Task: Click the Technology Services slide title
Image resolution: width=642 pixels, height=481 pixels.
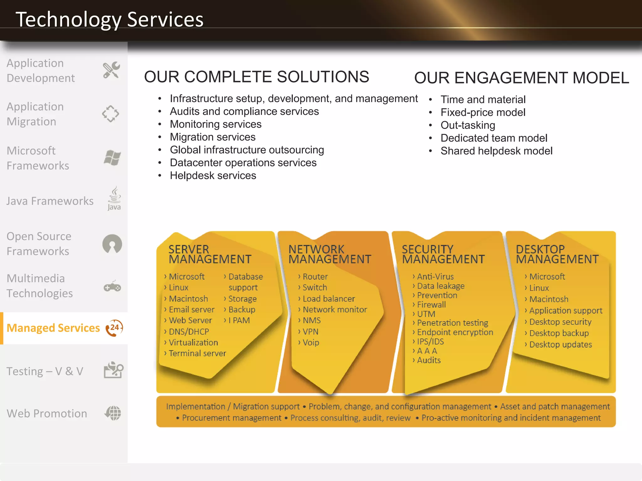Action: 109,19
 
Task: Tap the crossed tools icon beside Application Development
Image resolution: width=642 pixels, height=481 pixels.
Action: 111,70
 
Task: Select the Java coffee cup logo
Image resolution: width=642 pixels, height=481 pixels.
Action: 114,199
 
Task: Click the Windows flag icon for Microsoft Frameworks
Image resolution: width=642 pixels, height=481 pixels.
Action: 112,158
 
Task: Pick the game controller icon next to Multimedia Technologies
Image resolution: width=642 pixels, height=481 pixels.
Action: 112,287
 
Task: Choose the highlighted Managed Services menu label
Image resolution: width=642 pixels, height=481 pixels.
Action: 53,328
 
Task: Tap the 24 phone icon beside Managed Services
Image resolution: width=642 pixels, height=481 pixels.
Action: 114,328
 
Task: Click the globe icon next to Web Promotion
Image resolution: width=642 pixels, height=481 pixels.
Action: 113,413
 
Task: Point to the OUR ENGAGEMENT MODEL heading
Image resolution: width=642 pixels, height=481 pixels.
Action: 521,78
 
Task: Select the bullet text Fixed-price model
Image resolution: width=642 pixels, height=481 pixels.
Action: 483,112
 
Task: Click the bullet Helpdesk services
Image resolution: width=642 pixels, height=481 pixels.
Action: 213,176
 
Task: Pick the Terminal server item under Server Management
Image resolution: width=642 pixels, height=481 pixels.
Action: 197,354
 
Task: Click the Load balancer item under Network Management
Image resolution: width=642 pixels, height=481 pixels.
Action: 329,299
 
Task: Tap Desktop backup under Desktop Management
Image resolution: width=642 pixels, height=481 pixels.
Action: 559,333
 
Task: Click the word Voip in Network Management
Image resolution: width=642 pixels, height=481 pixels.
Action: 311,343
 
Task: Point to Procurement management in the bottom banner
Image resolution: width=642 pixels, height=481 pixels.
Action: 231,418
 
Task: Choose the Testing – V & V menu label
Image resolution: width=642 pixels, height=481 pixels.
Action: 45,371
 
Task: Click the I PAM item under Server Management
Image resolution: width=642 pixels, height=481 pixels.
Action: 239,320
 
